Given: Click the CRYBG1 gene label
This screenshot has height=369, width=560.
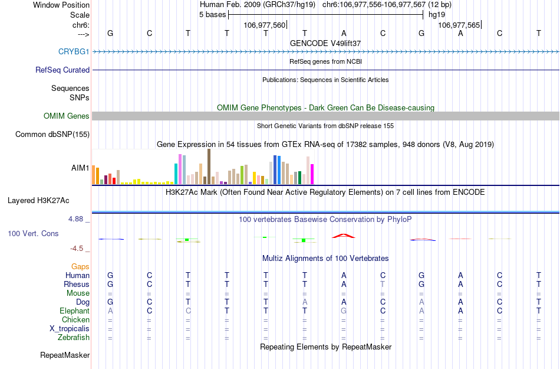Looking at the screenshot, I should tap(74, 51).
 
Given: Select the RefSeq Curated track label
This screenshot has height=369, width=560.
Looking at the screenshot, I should tap(62, 70).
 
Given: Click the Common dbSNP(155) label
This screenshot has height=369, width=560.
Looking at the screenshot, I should tap(52, 135).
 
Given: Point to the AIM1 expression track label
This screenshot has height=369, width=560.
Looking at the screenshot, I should tap(80, 168).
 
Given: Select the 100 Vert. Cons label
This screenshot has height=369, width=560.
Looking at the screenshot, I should tap(33, 234).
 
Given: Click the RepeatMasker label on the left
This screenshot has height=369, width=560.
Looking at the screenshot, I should tap(65, 355).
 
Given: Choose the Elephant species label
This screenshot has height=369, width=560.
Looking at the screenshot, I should tap(74, 311).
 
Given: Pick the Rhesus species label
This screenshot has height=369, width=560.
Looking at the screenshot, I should tap(77, 284).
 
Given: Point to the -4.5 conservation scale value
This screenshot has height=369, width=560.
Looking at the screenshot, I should tap(77, 249).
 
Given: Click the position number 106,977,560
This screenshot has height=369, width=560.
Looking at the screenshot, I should tap(264, 25).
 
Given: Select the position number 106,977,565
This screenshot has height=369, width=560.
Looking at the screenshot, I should tap(459, 25).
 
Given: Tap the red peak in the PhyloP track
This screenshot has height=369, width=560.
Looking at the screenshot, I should tap(344, 236).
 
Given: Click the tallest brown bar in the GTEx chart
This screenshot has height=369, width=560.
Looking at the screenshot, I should tap(209, 166).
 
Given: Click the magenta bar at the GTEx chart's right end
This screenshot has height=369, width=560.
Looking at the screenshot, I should tap(312, 174).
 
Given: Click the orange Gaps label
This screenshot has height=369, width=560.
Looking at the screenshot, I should tap(81, 266).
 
